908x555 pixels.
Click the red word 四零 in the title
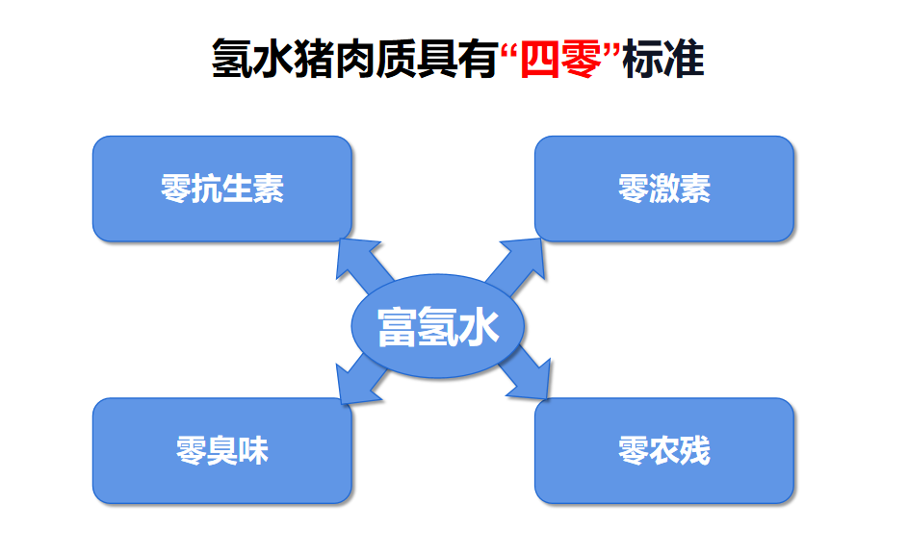click(560, 59)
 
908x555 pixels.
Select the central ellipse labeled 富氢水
click(438, 326)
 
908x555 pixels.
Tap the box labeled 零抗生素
click(222, 189)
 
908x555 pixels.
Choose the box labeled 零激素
click(664, 189)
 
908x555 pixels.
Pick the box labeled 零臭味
click(222, 450)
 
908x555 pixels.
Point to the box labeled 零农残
click(664, 450)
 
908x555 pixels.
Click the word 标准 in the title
click(663, 59)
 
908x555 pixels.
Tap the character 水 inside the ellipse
click(479, 327)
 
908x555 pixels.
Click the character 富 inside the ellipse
click(398, 327)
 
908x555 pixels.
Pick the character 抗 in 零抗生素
click(207, 189)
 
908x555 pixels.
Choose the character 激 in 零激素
click(664, 189)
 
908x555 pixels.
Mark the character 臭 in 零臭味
click(222, 450)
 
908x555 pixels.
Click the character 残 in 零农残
click(695, 450)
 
